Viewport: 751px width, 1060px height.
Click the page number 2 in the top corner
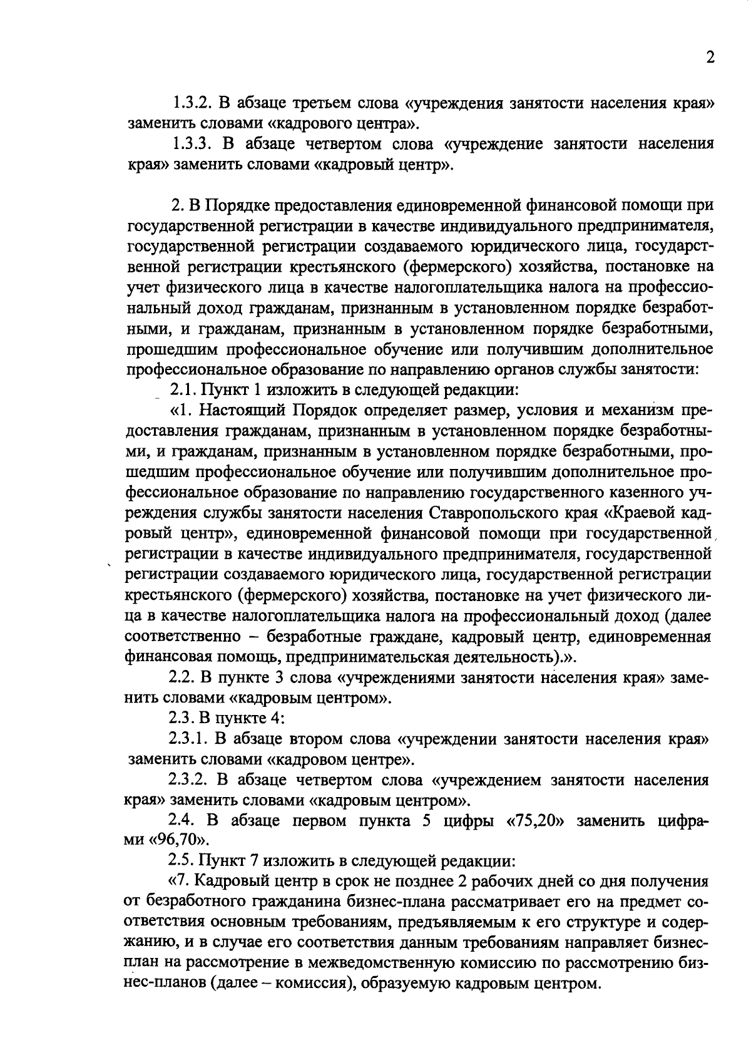[x=710, y=58]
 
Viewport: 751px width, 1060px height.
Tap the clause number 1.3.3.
[x=196, y=144]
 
